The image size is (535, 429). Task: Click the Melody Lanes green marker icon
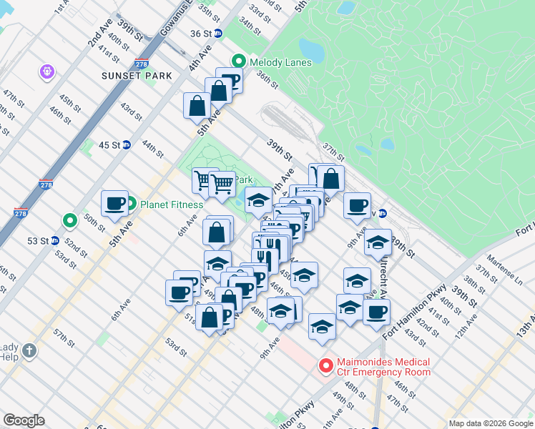pyautogui.click(x=240, y=62)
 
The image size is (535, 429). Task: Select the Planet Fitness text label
pyautogui.click(x=173, y=204)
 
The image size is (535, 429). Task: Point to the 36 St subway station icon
pyautogui.click(x=219, y=33)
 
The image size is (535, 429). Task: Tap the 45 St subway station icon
pyautogui.click(x=127, y=144)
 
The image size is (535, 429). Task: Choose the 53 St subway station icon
pyautogui.click(x=54, y=240)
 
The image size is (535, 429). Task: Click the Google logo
pyautogui.click(x=24, y=420)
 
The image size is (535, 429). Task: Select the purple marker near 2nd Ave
pyautogui.click(x=48, y=72)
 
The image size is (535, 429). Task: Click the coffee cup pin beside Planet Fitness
pyautogui.click(x=114, y=204)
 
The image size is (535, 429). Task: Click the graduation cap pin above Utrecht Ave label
pyautogui.click(x=378, y=243)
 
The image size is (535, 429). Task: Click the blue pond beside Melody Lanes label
pyautogui.click(x=311, y=49)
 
